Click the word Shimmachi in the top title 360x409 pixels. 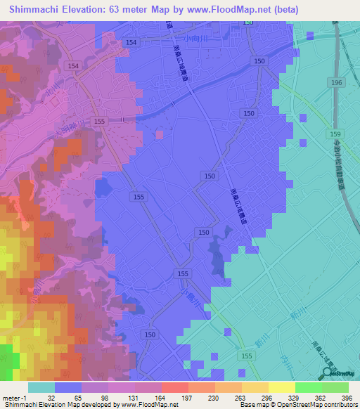click(35, 10)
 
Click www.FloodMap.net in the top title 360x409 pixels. click(221, 10)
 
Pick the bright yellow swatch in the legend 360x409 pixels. click(281, 387)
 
